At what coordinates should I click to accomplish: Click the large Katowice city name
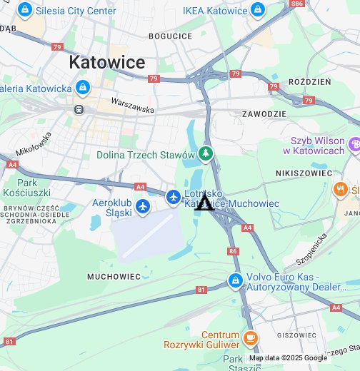106,62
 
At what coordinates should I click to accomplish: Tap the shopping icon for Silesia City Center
26,10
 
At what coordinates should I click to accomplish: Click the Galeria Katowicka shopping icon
83,88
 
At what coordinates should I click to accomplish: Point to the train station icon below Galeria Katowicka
77,110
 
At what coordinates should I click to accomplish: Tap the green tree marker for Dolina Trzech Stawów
206,154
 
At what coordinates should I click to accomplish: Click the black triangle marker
205,203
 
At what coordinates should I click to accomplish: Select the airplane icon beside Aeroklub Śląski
143,206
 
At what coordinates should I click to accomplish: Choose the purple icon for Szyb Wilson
354,146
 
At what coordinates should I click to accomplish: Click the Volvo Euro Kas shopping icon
234,281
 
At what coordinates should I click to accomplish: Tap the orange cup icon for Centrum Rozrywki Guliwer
249,338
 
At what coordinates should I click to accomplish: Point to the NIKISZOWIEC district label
304,173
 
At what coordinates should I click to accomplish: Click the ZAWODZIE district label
264,113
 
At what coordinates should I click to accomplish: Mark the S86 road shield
296,4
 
